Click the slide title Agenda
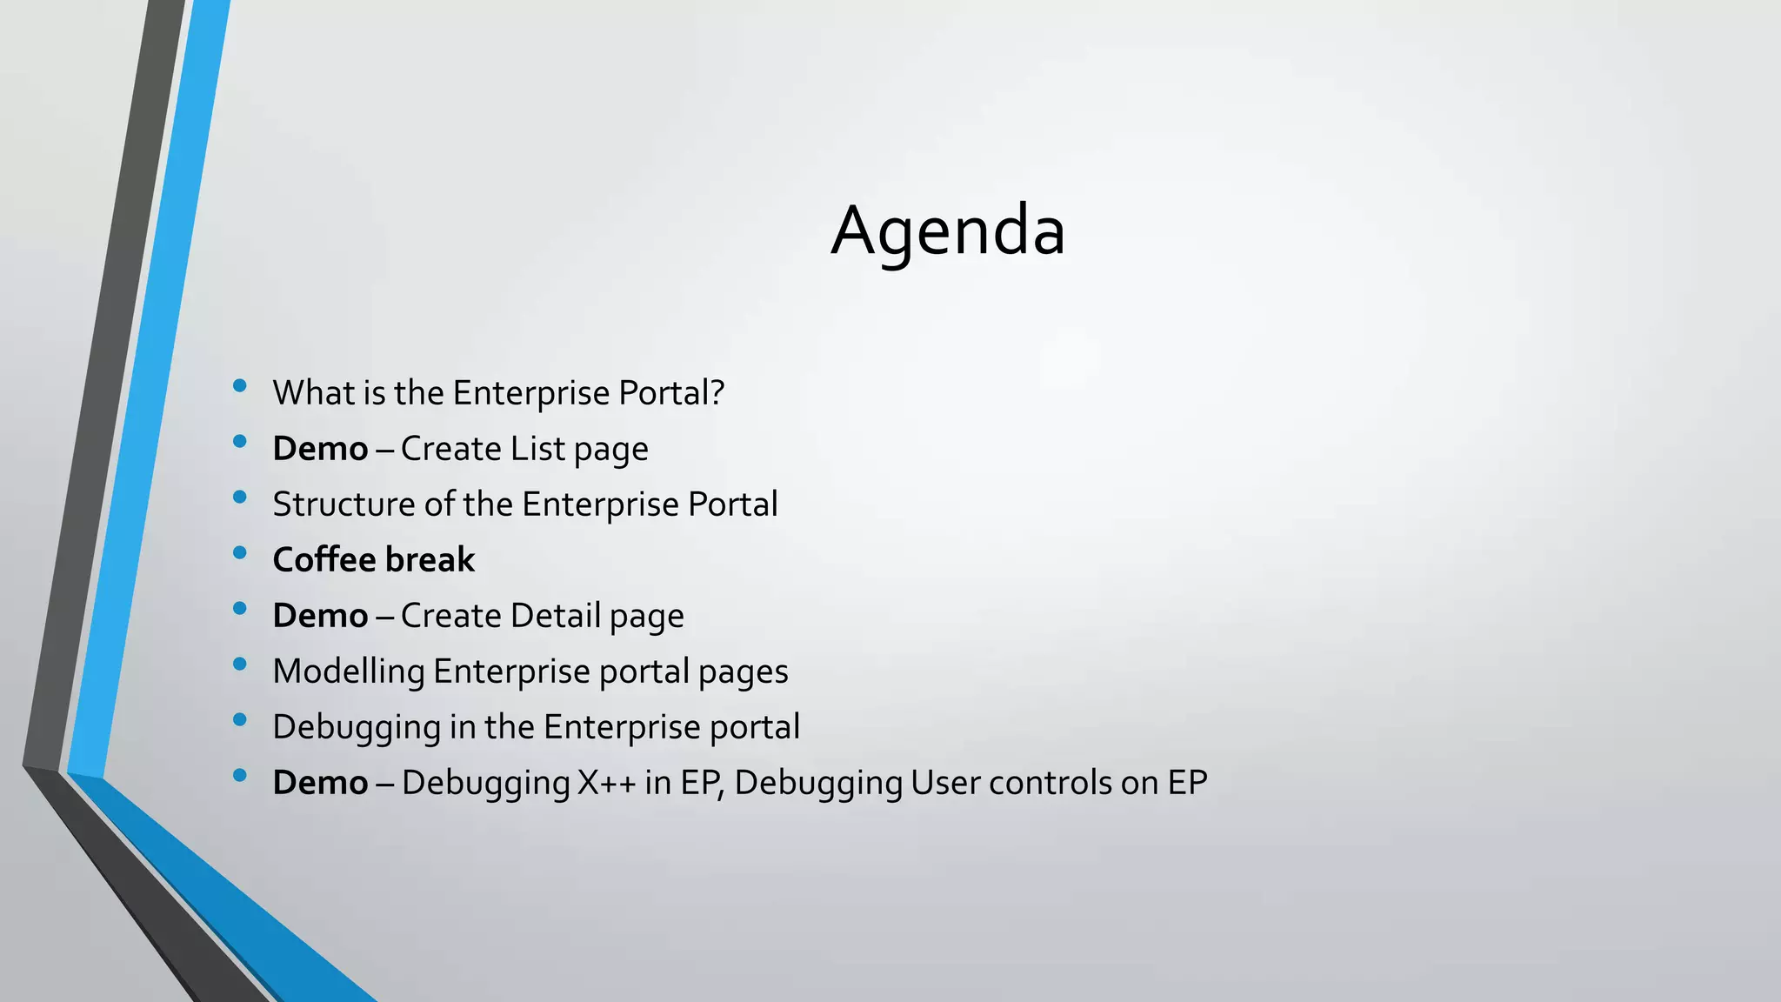(x=948, y=231)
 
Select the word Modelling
(x=348, y=671)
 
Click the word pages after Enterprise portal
(x=743, y=671)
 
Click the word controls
(x=1050, y=783)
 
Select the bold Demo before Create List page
(x=320, y=449)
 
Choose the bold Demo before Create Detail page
(x=320, y=616)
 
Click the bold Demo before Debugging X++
(x=320, y=783)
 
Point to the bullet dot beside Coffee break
(x=240, y=552)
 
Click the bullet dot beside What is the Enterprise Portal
(x=240, y=385)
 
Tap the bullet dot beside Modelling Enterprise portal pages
(x=240, y=664)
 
